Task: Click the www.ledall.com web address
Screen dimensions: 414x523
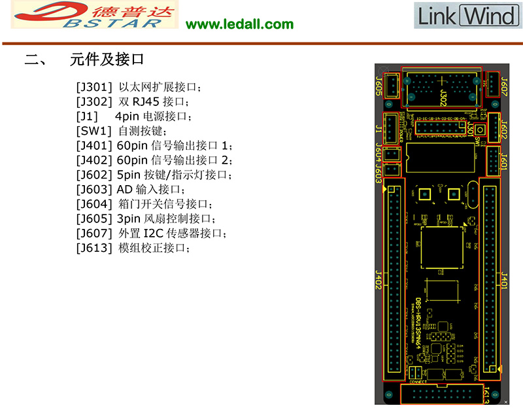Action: [x=240, y=24]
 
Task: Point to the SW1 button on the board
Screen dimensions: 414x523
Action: [x=479, y=130]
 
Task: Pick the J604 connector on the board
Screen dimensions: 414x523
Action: [x=392, y=154]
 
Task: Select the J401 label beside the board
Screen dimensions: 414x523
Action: [x=503, y=281]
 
